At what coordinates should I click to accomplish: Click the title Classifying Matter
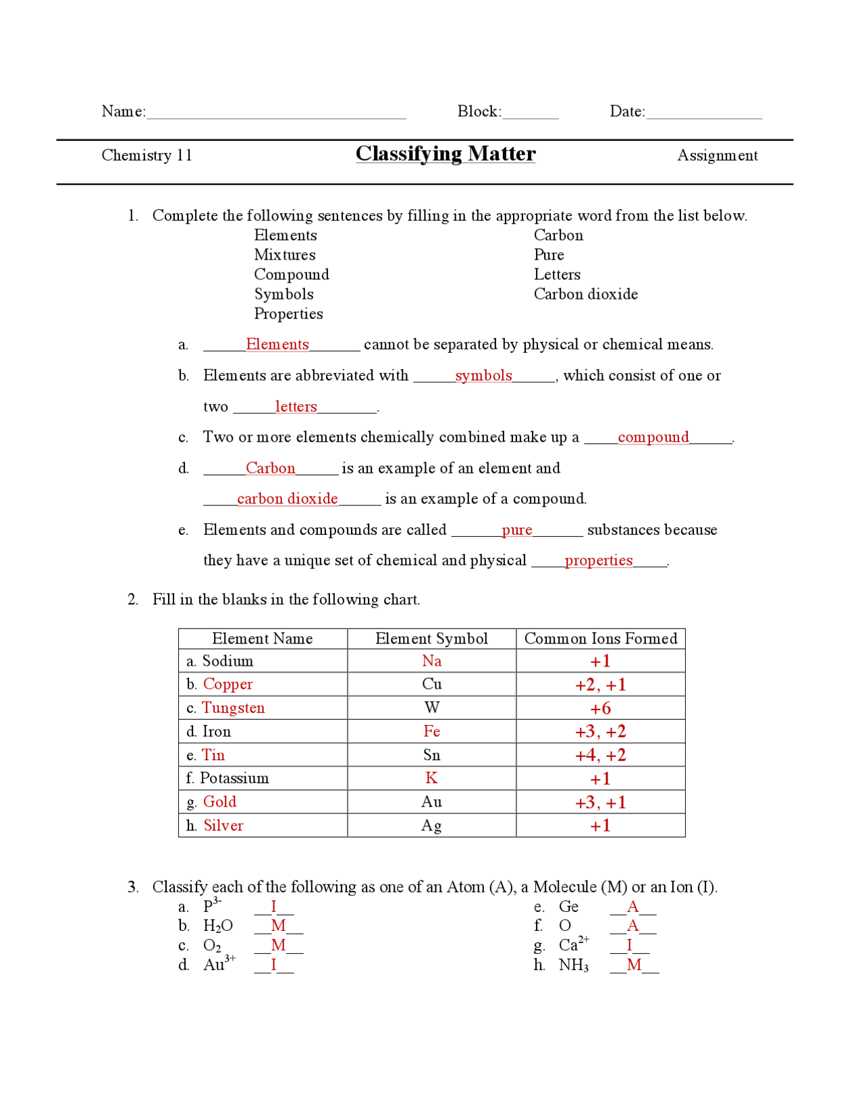pyautogui.click(x=446, y=154)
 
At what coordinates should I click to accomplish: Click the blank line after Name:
pyautogui.click(x=276, y=114)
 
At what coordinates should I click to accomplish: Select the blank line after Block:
pyautogui.click(x=531, y=114)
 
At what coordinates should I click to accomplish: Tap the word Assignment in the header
pyautogui.click(x=717, y=156)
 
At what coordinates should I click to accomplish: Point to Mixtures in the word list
pyautogui.click(x=285, y=255)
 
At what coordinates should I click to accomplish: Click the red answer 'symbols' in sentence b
pyautogui.click(x=483, y=376)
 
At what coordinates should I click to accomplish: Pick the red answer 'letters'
pyautogui.click(x=296, y=407)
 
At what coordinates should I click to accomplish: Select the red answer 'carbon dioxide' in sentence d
pyautogui.click(x=287, y=499)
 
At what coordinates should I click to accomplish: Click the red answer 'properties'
pyautogui.click(x=599, y=561)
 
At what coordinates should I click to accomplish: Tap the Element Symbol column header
pyautogui.click(x=431, y=639)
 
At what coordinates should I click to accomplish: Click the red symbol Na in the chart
pyautogui.click(x=431, y=661)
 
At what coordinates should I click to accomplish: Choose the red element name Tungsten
pyautogui.click(x=234, y=708)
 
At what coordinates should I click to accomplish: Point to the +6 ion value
pyautogui.click(x=600, y=708)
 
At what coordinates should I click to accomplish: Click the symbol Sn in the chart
pyautogui.click(x=431, y=755)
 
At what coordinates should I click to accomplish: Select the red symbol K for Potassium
pyautogui.click(x=431, y=778)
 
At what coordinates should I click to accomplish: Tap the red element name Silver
pyautogui.click(x=223, y=826)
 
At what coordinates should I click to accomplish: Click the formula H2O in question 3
pyautogui.click(x=218, y=926)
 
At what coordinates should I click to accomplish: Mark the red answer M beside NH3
pyautogui.click(x=634, y=965)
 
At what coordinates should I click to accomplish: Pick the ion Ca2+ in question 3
pyautogui.click(x=574, y=945)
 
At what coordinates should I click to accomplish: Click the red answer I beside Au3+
pyautogui.click(x=273, y=965)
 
